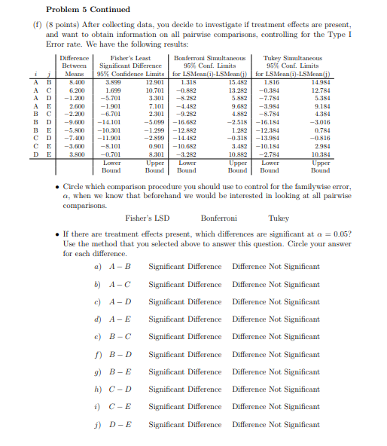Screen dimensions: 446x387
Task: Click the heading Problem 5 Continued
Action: [87, 9]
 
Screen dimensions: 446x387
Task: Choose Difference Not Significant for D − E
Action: [276, 425]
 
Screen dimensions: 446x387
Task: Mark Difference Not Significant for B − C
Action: [276, 337]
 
